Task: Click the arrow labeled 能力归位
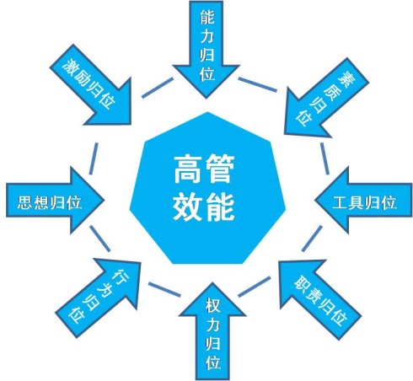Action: (x=206, y=48)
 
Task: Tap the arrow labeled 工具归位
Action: (x=364, y=200)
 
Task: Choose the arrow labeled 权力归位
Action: (x=212, y=331)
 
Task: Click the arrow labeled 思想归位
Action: (x=55, y=200)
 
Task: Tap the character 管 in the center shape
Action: (x=220, y=169)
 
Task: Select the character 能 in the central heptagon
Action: (x=220, y=207)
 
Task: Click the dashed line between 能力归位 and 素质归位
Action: (x=257, y=84)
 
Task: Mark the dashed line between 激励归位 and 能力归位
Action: (x=158, y=88)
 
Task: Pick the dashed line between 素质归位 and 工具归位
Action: (x=324, y=158)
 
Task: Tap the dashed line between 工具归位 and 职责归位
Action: (x=312, y=239)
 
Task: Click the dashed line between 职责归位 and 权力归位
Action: (x=255, y=287)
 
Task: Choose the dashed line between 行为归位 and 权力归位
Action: (x=164, y=289)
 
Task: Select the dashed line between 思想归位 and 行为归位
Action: (x=100, y=239)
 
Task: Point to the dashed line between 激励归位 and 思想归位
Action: (x=94, y=158)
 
